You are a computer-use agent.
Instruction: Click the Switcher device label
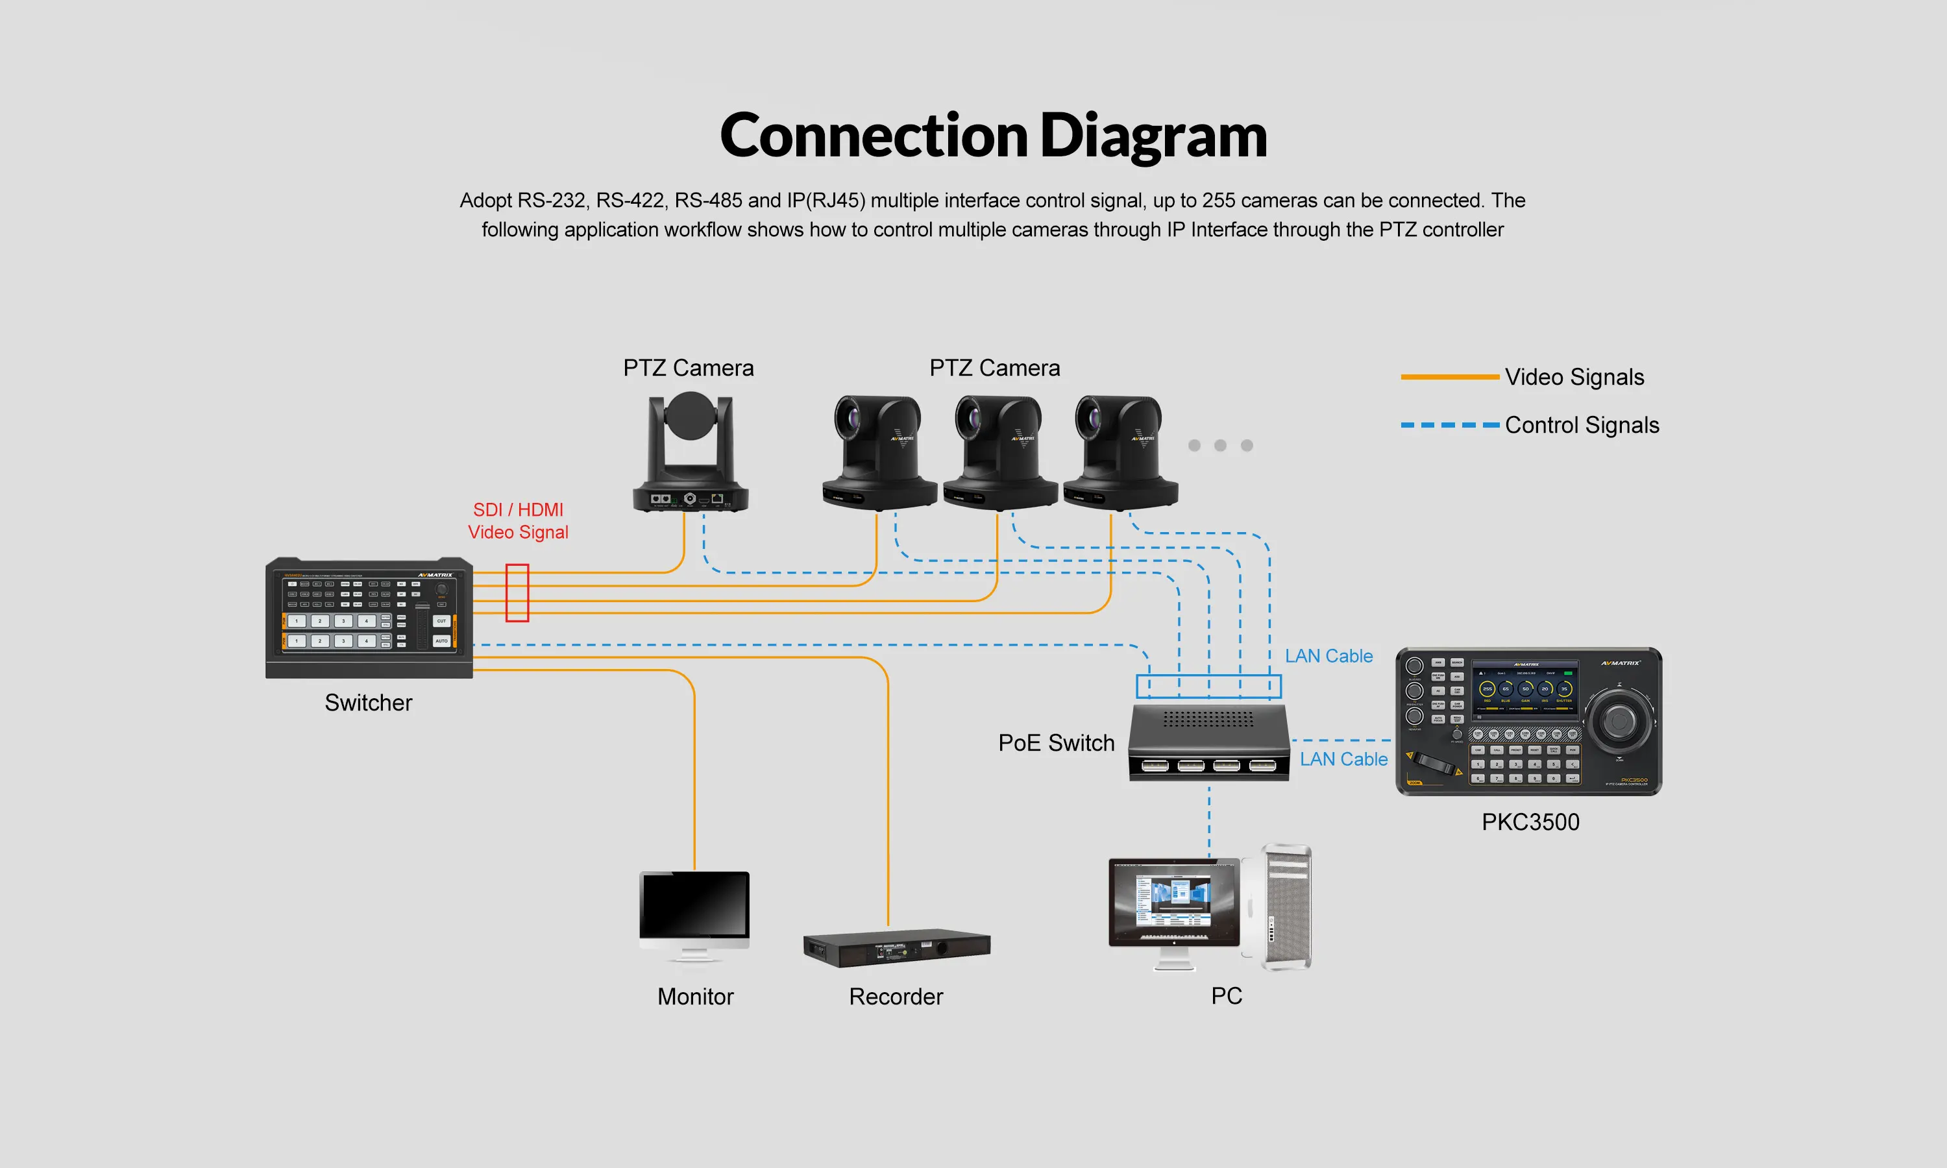point(369,703)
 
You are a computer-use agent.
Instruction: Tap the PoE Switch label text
point(1056,743)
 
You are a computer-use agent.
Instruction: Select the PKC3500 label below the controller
point(1530,821)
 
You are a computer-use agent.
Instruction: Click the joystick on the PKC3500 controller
point(1617,720)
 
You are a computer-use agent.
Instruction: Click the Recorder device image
point(896,949)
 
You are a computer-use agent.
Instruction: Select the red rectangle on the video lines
point(517,592)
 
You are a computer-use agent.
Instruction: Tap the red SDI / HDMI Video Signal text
point(518,521)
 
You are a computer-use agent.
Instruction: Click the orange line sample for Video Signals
point(1450,377)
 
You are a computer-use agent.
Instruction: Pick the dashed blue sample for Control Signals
point(1450,425)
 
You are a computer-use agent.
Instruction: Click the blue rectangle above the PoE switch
point(1208,687)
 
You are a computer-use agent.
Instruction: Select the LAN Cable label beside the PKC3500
point(1343,759)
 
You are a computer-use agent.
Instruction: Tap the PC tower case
point(1286,908)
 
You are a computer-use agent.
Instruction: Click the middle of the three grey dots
point(1221,446)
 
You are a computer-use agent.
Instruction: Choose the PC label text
point(1226,995)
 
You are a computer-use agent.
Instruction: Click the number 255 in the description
point(1218,201)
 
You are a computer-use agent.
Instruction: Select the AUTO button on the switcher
point(441,640)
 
